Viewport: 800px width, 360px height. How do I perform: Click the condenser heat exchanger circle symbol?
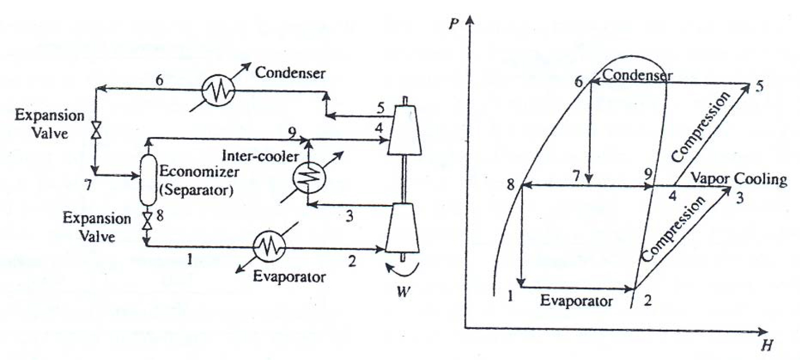pyautogui.click(x=218, y=89)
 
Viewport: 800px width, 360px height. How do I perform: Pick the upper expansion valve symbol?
pyautogui.click(x=97, y=129)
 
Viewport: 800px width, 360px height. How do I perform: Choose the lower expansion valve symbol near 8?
pyautogui.click(x=147, y=220)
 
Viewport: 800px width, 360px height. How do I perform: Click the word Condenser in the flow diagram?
pyautogui.click(x=290, y=73)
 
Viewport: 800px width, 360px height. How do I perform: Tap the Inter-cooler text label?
pyautogui.click(x=261, y=155)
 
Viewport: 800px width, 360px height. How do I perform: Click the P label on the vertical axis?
pyautogui.click(x=454, y=23)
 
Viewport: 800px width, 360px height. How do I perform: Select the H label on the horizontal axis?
pyautogui.click(x=767, y=346)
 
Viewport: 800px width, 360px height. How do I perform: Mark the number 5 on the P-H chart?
pyautogui.click(x=759, y=87)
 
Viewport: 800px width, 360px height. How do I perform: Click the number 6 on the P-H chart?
pyautogui.click(x=579, y=82)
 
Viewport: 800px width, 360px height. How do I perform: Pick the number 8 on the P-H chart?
pyautogui.click(x=511, y=185)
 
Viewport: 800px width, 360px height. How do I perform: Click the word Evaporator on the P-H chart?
pyautogui.click(x=576, y=301)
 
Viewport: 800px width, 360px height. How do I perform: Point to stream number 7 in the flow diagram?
pyautogui.click(x=88, y=185)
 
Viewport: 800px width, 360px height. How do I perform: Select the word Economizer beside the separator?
pyautogui.click(x=199, y=171)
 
